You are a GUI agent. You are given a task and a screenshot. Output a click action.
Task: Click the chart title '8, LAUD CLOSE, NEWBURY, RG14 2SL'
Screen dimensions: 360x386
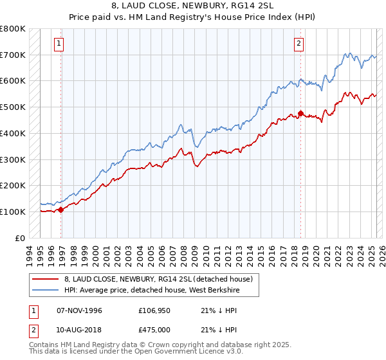pyautogui.click(x=192, y=7)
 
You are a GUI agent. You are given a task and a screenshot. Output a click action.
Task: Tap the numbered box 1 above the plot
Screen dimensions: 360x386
pyautogui.click(x=59, y=44)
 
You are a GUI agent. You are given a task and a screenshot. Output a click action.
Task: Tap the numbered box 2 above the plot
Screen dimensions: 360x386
pyautogui.click(x=300, y=44)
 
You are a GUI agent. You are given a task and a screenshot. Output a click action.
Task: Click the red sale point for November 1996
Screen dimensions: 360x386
pyautogui.click(x=61, y=209)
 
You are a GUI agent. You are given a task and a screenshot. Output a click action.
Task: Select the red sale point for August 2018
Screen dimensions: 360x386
pyautogui.click(x=300, y=113)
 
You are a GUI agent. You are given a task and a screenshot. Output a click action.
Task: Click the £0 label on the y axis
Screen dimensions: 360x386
pyautogui.click(x=20, y=238)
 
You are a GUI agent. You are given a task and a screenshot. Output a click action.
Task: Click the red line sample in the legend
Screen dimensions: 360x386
pyautogui.click(x=46, y=279)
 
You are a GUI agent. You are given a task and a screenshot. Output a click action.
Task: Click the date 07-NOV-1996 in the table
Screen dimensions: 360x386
pyautogui.click(x=80, y=310)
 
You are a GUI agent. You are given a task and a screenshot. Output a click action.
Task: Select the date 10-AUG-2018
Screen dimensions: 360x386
pyautogui.click(x=80, y=331)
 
